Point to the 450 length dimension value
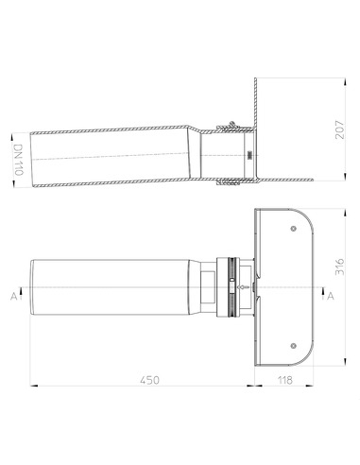pos(145,379)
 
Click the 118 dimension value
pos(281,379)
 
